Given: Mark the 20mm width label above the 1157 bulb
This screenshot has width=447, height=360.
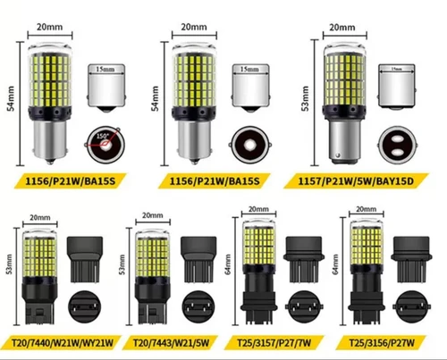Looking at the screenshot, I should point(342,28).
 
